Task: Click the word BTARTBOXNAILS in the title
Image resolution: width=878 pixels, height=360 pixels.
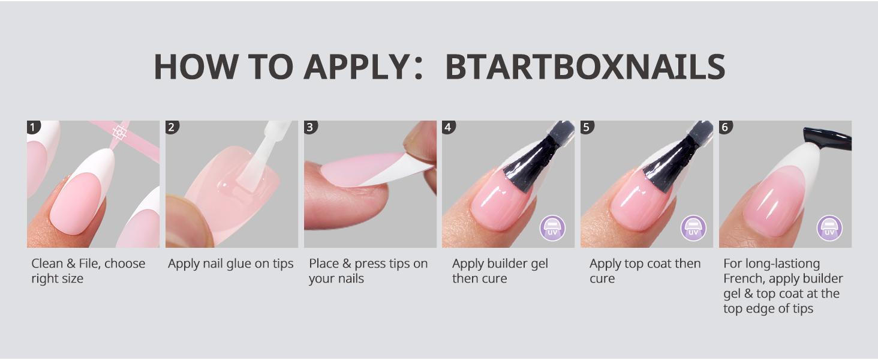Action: pos(585,67)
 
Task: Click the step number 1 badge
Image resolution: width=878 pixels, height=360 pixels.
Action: pos(34,127)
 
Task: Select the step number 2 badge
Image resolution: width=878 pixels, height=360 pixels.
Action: pos(172,127)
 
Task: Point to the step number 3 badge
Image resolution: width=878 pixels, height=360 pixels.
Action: pos(311,127)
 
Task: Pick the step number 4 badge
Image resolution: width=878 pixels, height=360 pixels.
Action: pos(449,127)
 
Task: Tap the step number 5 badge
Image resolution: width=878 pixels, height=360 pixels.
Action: pos(587,127)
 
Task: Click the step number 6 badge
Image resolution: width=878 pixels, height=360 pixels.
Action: pos(726,127)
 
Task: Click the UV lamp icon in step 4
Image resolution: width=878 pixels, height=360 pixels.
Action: pos(552,229)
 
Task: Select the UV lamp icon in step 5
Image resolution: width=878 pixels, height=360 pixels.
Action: pos(693,229)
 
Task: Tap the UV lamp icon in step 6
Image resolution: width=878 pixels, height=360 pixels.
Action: pos(829,229)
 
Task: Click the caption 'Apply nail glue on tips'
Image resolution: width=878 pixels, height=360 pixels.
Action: pos(231,264)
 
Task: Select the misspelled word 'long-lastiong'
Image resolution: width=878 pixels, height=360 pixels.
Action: pos(771,264)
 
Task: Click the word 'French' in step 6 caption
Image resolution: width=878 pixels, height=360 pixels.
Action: pos(743,279)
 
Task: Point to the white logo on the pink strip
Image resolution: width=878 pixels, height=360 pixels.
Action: pos(119,132)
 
